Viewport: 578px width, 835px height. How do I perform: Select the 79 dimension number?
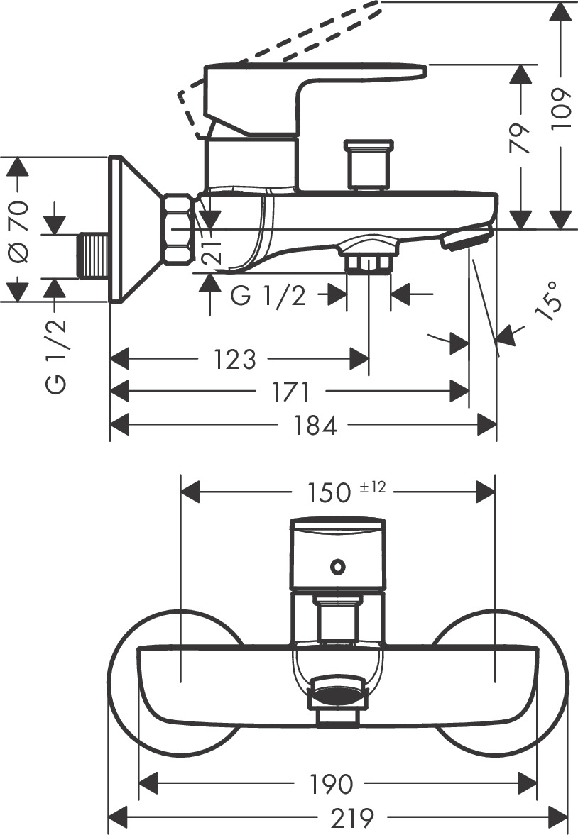tap(521, 138)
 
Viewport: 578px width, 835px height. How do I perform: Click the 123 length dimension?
tap(234, 359)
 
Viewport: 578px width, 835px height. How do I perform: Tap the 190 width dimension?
tap(330, 784)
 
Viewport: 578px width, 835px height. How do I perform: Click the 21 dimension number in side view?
tap(210, 249)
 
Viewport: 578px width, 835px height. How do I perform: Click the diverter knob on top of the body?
tap(367, 165)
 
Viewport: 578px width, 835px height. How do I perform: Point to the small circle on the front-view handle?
tap(337, 567)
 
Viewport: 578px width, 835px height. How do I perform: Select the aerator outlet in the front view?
tap(337, 692)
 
